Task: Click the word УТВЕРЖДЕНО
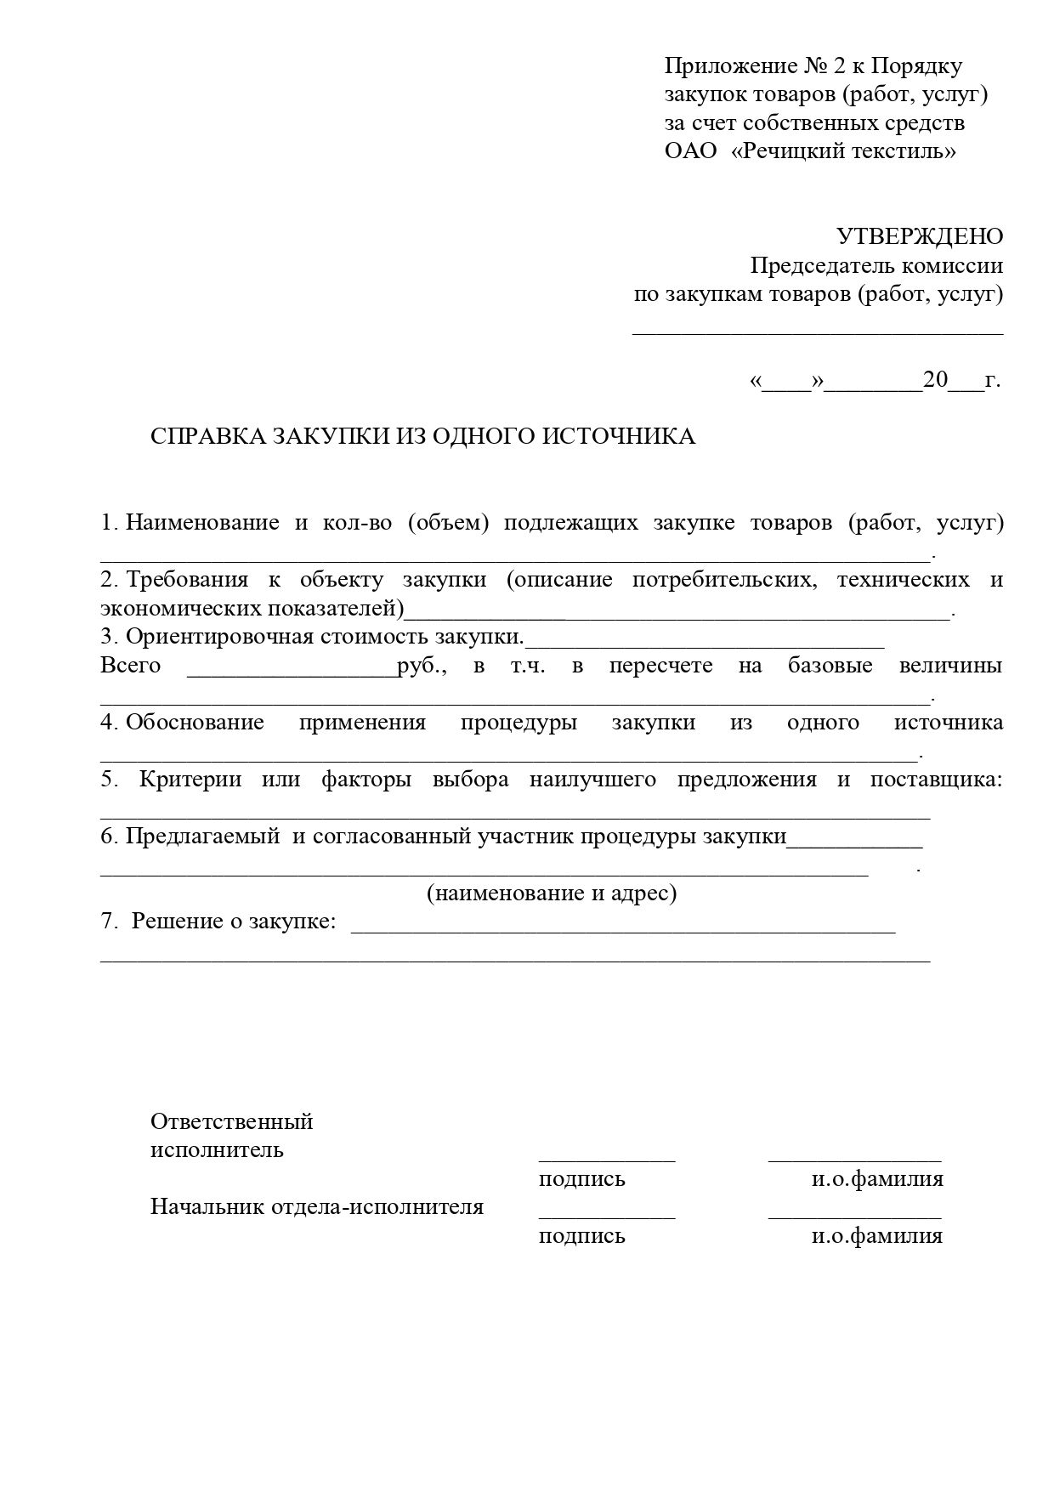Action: tap(919, 236)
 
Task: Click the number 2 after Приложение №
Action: tap(828, 66)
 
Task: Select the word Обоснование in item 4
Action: tap(195, 723)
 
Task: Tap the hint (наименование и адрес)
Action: tap(552, 893)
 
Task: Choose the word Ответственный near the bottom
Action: tap(232, 1121)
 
